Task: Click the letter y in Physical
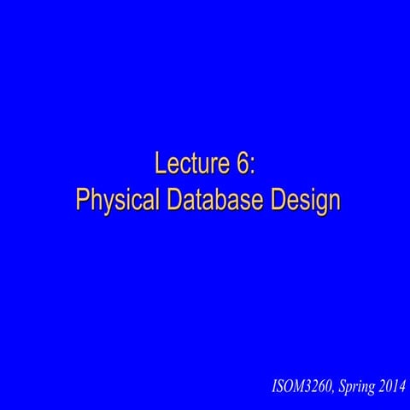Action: (x=107, y=202)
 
